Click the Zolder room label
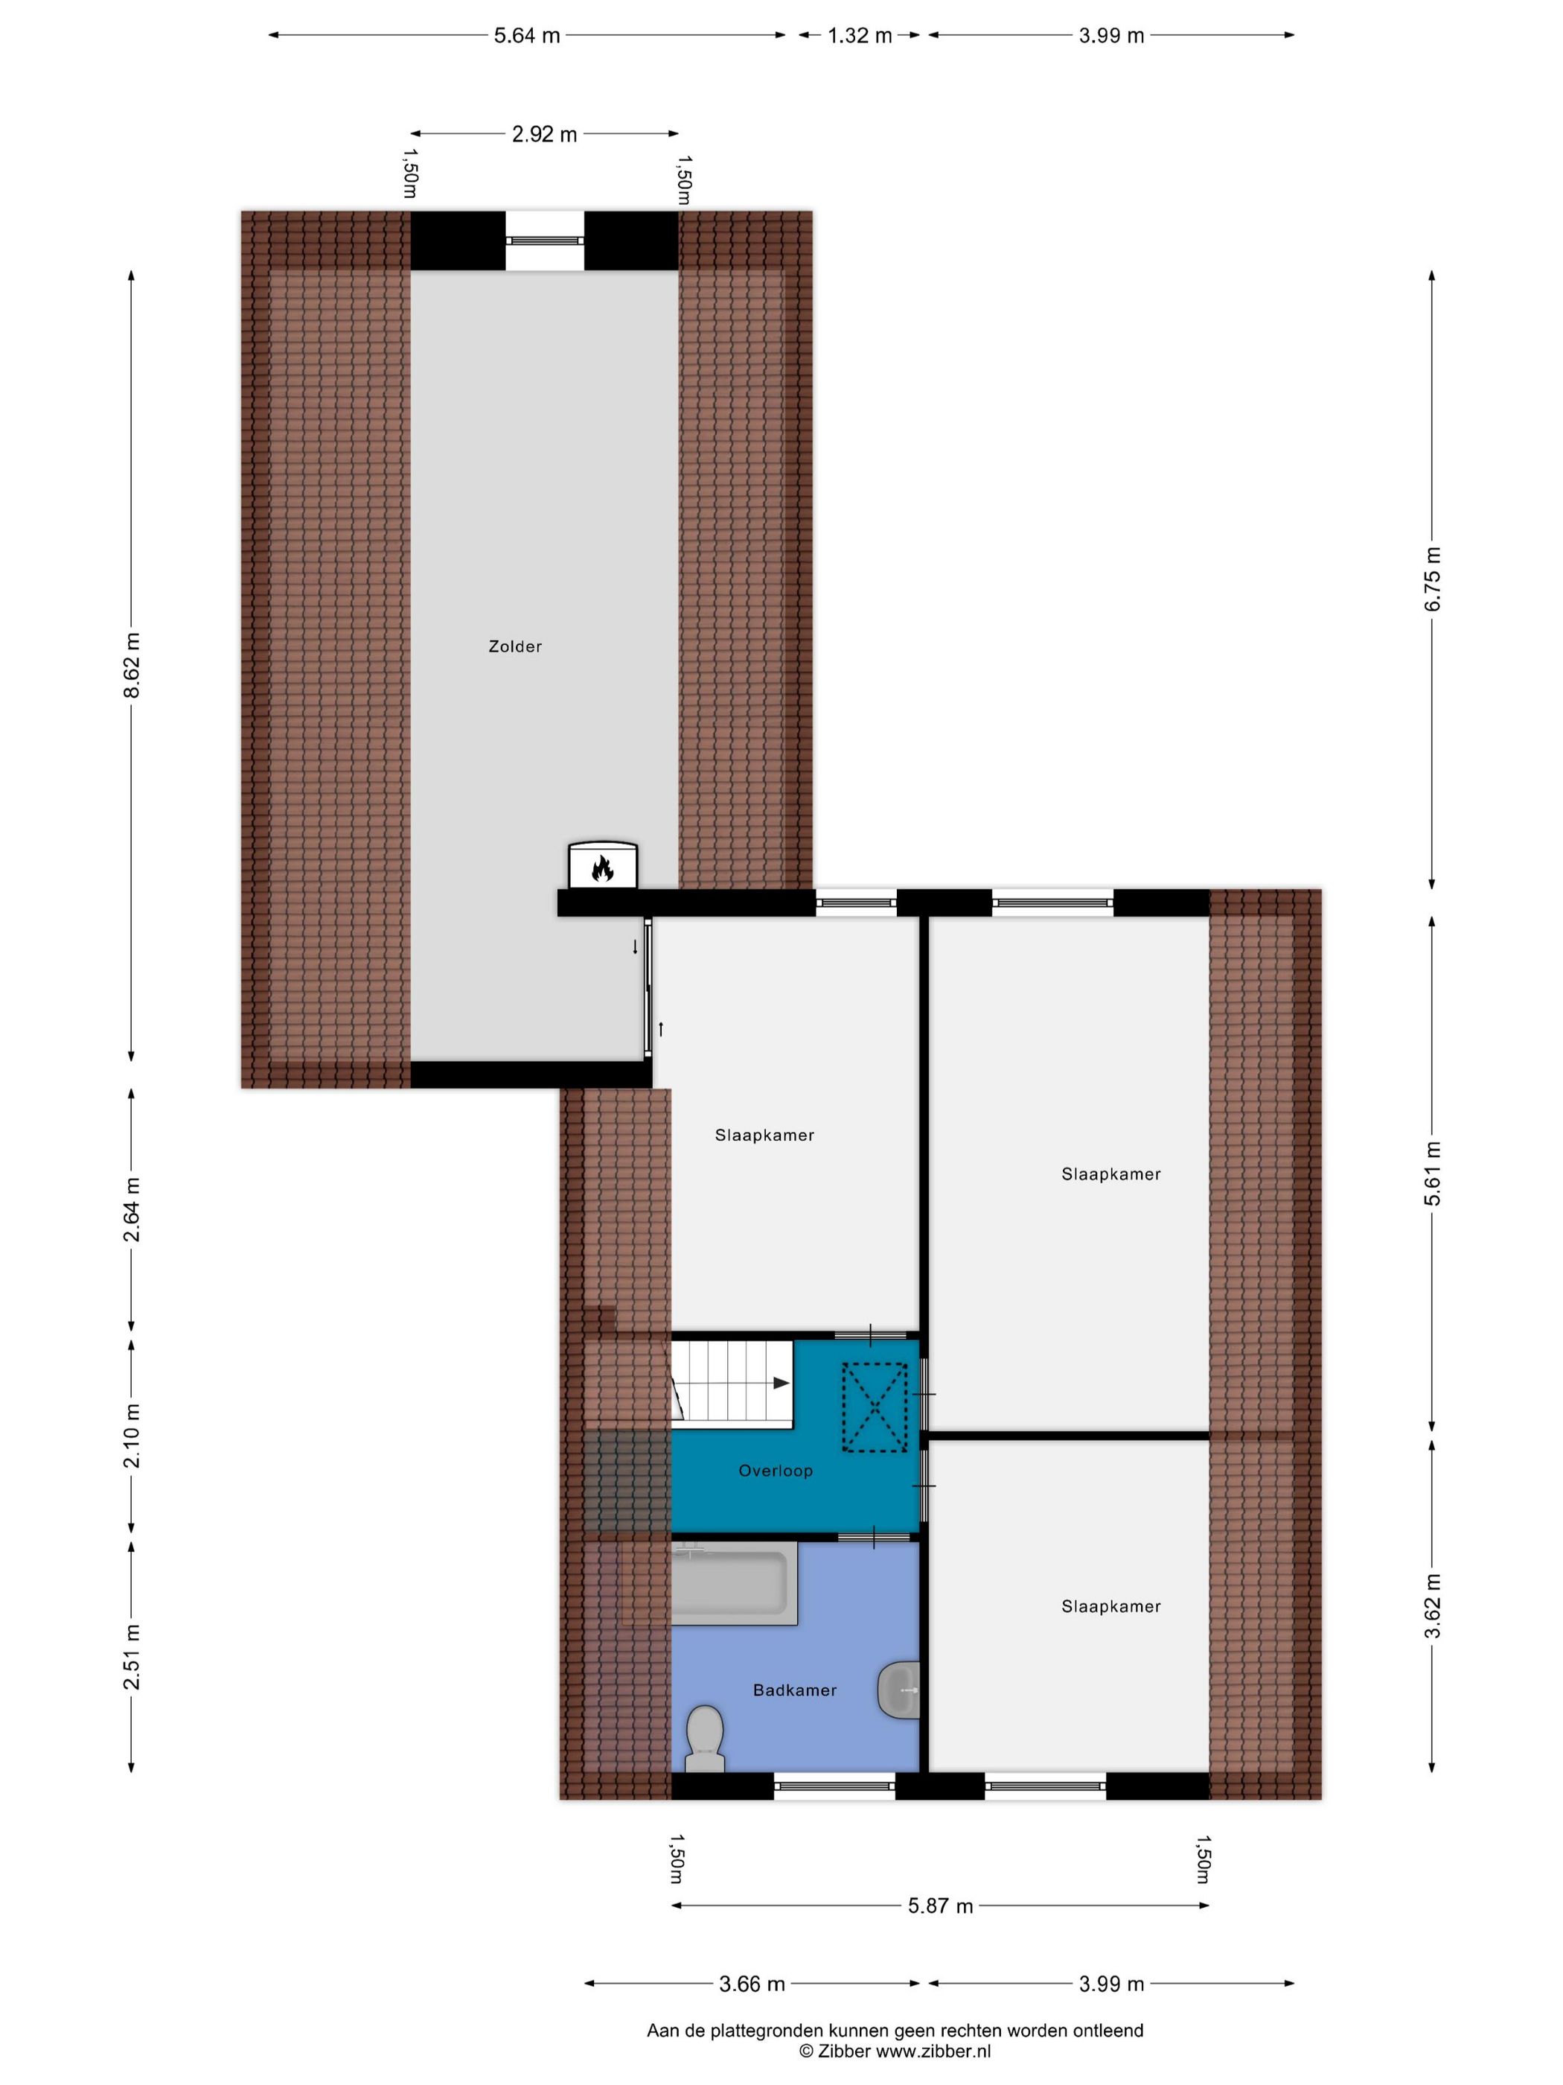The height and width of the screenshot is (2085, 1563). coord(514,646)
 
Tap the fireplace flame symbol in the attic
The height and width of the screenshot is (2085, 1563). coord(602,868)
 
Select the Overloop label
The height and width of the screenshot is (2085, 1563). coord(776,1471)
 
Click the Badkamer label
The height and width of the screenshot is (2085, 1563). coord(794,1690)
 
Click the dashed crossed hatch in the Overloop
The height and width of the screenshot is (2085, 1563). coord(875,1408)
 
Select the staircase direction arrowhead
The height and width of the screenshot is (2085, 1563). coord(781,1383)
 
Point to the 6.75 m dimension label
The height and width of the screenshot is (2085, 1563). coord(1432,579)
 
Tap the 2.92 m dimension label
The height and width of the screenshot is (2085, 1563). coord(545,134)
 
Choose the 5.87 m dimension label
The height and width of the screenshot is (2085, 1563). coord(940,1906)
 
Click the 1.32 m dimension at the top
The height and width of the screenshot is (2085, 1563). coord(859,36)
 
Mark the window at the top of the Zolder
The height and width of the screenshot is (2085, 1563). coord(545,241)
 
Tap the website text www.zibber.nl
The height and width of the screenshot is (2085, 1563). coord(933,2050)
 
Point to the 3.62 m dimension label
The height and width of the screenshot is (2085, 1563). coord(1432,1605)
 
